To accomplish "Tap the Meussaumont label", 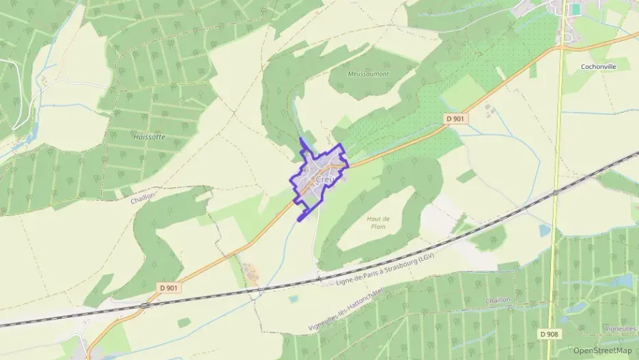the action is click(368, 74).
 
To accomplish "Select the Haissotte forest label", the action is click(151, 137).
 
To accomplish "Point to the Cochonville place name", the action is click(597, 67).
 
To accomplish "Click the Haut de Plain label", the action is click(379, 222).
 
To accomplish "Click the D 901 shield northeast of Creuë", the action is click(455, 119).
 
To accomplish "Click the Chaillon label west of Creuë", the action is click(143, 197).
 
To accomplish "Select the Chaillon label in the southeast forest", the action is click(498, 300).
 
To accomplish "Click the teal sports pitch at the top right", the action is click(576, 9).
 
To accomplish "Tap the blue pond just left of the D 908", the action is click(543, 230).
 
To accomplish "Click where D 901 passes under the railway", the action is click(145, 305).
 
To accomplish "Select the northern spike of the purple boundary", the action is click(301, 139).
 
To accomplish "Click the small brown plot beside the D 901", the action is click(250, 273).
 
